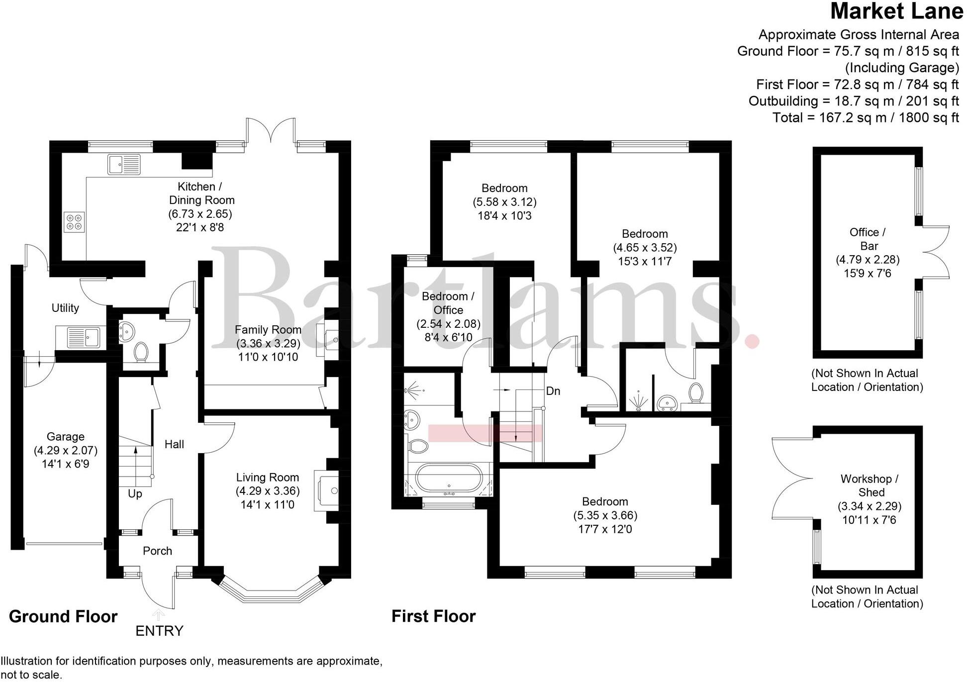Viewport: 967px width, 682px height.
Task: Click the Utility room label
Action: click(65, 308)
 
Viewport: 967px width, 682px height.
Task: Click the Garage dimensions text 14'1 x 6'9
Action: click(65, 464)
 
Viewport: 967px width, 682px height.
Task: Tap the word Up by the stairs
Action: click(135, 493)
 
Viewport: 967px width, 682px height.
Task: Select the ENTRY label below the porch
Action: click(159, 631)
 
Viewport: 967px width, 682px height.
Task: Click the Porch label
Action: click(157, 551)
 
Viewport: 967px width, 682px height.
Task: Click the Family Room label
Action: click(268, 330)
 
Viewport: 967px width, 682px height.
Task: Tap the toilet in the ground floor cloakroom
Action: click(141, 352)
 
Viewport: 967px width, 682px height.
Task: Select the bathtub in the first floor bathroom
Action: click(449, 478)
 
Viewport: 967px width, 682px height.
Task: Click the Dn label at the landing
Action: click(553, 391)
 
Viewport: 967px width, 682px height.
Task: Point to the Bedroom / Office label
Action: click(448, 303)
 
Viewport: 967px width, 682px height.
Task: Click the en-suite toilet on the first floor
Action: click(695, 392)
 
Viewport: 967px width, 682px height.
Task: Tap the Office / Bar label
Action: click(868, 239)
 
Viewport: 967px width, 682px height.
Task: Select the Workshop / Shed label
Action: click(870, 486)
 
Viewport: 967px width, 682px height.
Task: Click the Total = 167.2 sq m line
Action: click(865, 117)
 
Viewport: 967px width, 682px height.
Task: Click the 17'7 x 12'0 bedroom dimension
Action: click(605, 529)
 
